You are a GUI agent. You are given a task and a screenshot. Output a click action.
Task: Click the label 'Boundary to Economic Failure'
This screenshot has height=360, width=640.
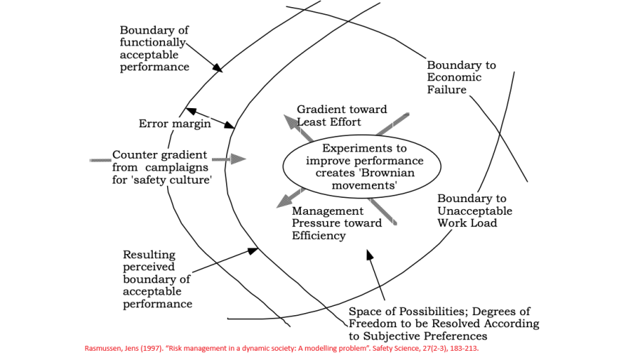point(461,77)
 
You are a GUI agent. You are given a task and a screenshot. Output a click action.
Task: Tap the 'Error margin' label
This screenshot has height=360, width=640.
point(174,124)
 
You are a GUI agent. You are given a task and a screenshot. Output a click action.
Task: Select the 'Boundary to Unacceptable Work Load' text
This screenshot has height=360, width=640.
point(474,211)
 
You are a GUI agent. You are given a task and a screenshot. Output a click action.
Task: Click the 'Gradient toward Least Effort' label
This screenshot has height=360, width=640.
point(341,115)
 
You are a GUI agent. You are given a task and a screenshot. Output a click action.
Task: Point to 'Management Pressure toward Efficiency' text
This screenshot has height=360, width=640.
point(336,223)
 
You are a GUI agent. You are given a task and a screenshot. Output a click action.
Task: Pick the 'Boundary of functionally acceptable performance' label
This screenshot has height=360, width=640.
point(154,48)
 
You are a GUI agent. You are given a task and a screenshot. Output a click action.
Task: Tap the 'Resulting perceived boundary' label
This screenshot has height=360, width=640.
point(157,279)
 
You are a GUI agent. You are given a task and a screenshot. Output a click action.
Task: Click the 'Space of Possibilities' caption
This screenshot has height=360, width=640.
point(444,323)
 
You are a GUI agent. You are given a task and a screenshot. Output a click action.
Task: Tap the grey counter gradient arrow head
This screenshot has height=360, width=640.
point(238,159)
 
